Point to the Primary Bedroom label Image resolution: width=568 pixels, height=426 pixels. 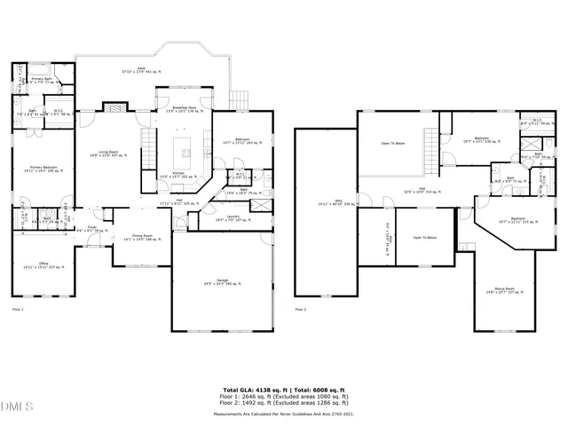click(x=42, y=170)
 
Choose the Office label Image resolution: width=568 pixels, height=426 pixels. click(x=42, y=264)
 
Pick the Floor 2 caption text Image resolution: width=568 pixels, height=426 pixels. click(x=300, y=310)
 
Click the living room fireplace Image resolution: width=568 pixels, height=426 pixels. click(x=114, y=107)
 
